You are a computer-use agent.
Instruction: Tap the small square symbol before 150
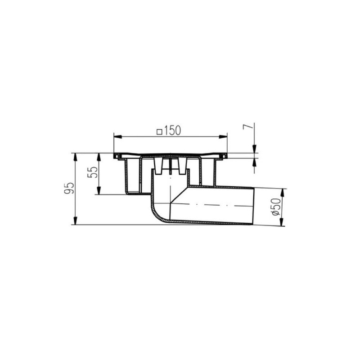[x=159, y=132]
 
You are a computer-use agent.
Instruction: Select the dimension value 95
[x=69, y=189]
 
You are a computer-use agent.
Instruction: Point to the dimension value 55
[x=94, y=173]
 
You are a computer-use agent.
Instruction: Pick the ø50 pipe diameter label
[x=276, y=207]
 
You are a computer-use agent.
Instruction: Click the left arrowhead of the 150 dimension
[x=117, y=136]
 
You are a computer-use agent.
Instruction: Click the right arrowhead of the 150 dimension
[x=224, y=136]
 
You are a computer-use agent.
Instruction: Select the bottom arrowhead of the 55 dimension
[x=99, y=191]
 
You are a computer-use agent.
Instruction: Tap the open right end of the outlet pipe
[x=254, y=205]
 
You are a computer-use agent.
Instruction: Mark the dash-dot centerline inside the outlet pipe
[x=211, y=206]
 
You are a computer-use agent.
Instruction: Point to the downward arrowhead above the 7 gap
[x=254, y=150]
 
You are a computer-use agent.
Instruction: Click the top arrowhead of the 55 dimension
[x=99, y=156]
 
